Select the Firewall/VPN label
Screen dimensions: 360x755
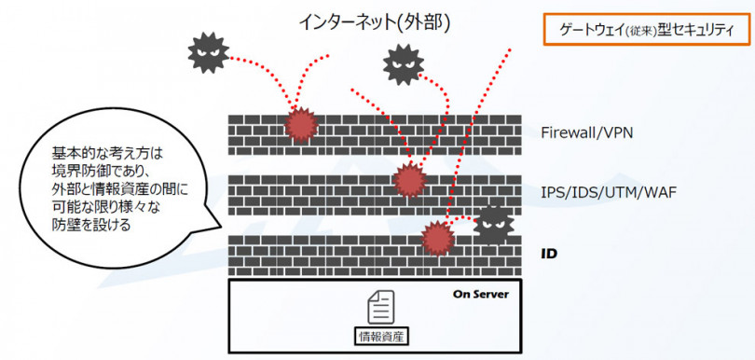point(587,132)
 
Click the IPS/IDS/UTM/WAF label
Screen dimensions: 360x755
point(608,193)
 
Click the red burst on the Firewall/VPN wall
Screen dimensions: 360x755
point(300,123)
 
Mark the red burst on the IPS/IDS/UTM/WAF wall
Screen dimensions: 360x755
point(407,180)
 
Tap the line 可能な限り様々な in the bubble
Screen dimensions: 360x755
point(103,207)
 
